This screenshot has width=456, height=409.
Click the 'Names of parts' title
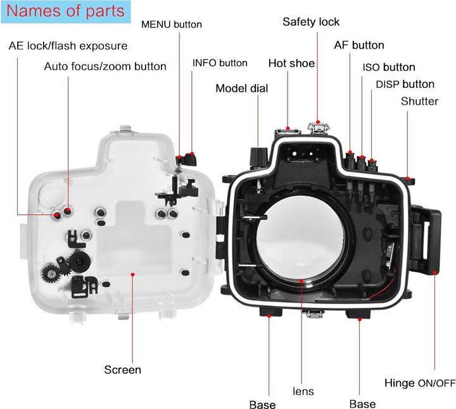[65, 11]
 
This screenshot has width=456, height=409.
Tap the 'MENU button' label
[171, 25]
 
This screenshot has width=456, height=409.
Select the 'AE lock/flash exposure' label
[68, 46]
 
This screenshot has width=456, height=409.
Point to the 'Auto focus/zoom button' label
[105, 66]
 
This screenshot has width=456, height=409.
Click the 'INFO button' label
[220, 63]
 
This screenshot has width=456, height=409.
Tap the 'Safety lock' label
[311, 22]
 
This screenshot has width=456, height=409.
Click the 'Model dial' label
[242, 89]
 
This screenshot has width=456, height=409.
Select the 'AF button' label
[359, 46]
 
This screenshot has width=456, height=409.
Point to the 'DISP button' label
[405, 84]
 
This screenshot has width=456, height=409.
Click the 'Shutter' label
[419, 101]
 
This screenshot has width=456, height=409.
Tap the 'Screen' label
[123, 369]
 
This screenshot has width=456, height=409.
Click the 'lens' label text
[303, 391]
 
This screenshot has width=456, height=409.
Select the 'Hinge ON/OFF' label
[420, 383]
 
